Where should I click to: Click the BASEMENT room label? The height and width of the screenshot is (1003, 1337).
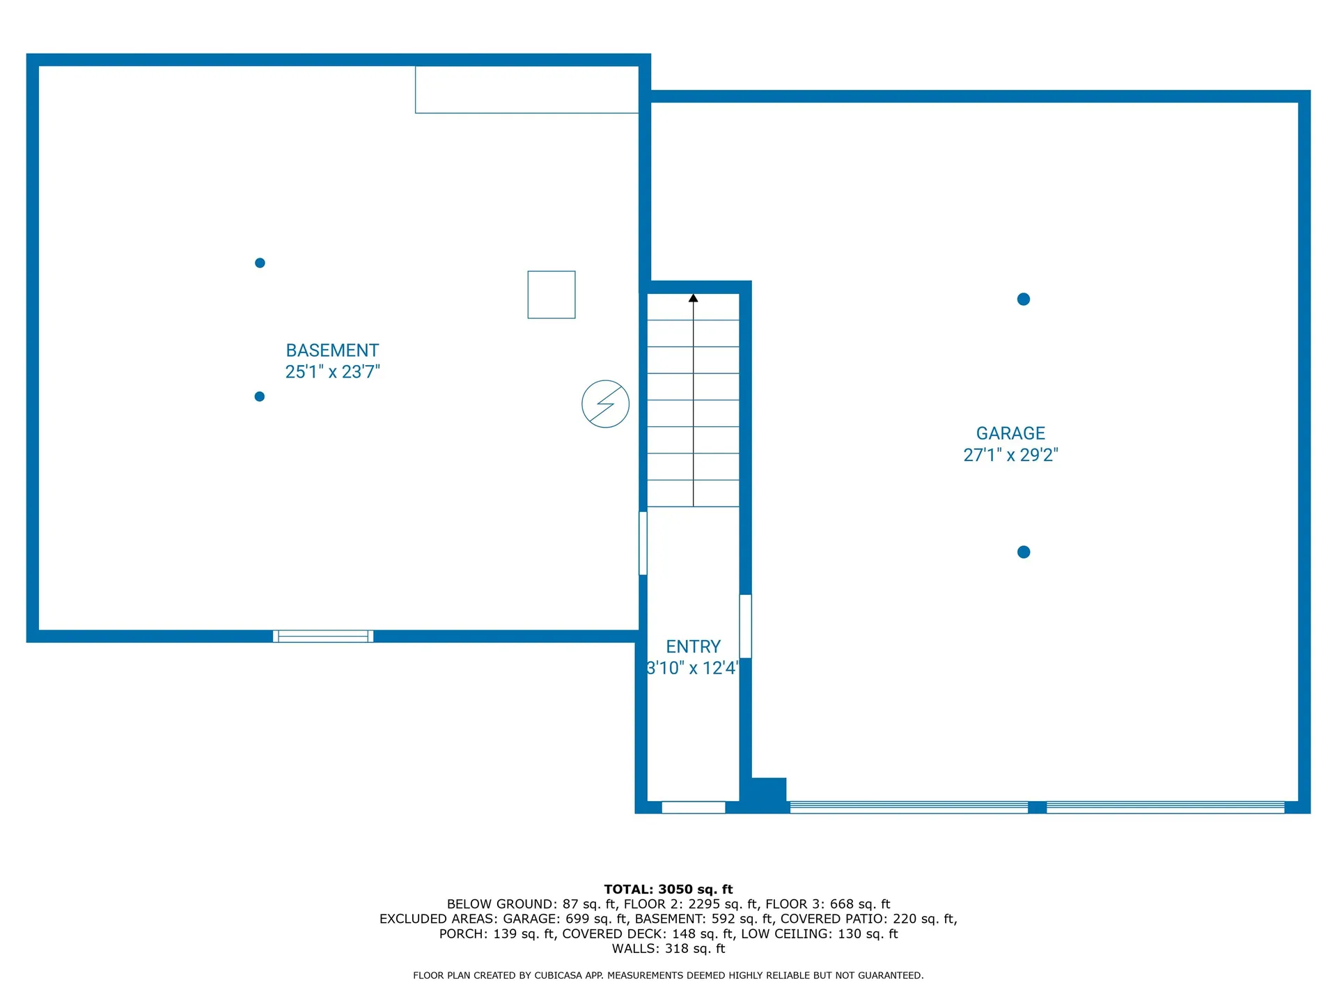[x=332, y=350]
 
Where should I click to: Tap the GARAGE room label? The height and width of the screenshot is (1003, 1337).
[x=1010, y=433]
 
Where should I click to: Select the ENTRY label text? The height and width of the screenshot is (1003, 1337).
[x=693, y=646]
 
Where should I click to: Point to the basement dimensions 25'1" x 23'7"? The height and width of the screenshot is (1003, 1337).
[x=332, y=372]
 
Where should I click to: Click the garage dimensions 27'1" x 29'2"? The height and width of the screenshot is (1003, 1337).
[x=1010, y=455]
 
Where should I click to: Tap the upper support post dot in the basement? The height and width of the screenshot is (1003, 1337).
[x=260, y=263]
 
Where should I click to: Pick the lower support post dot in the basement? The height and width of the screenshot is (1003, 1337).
[x=260, y=396]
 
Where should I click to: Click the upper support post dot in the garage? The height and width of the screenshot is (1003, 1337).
[x=1024, y=300]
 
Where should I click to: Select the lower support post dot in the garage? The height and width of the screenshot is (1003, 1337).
[x=1024, y=552]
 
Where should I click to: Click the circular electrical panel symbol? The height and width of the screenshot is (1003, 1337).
[x=606, y=404]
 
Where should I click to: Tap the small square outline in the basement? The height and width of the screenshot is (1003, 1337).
[x=552, y=295]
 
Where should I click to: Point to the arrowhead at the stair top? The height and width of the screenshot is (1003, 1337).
[x=694, y=298]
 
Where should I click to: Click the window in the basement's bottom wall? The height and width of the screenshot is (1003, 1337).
[x=323, y=636]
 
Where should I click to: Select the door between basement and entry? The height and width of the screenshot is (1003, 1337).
[x=643, y=543]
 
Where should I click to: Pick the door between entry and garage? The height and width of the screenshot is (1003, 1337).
[x=745, y=626]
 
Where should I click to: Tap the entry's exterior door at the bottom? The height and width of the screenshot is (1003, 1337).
[x=694, y=807]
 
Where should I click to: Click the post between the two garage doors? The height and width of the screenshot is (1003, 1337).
[x=1038, y=807]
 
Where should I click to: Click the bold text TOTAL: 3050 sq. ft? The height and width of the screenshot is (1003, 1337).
[x=668, y=889]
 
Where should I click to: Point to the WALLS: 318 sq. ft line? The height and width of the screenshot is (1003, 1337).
[x=668, y=949]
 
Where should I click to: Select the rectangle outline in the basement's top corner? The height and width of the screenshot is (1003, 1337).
[x=527, y=90]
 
